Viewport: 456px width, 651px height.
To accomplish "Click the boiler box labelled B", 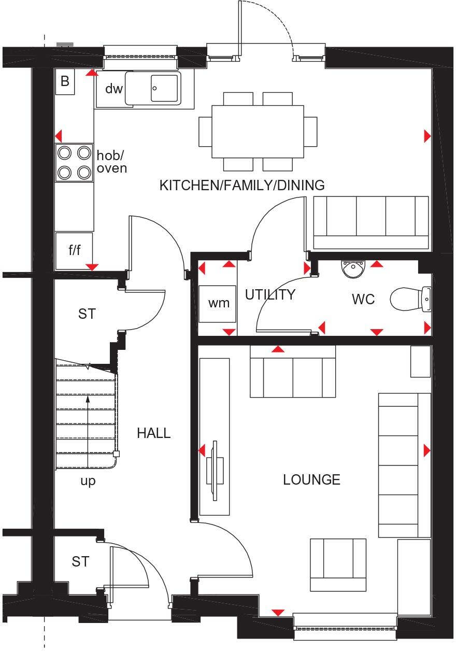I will (x=65, y=81).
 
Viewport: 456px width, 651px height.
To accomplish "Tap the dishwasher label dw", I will (x=113, y=89).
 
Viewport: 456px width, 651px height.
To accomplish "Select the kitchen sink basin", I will (x=165, y=88).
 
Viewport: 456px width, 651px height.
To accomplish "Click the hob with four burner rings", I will (x=74, y=162).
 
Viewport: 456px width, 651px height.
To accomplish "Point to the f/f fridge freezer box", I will (x=74, y=251).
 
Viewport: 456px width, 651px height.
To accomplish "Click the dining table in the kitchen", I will (x=258, y=132).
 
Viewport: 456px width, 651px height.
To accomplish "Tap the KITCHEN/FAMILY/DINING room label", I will (x=242, y=185).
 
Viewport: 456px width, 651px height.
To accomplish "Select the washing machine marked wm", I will (x=218, y=303).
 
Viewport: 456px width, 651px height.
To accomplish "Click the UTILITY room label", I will (x=270, y=295).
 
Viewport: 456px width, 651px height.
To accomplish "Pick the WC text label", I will (x=363, y=300).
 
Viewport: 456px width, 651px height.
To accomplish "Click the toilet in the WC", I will (x=409, y=300).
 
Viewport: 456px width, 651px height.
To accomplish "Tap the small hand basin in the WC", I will (x=353, y=268).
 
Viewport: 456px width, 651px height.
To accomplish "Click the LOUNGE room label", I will (x=311, y=480).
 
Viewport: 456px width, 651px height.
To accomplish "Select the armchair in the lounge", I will (x=338, y=564).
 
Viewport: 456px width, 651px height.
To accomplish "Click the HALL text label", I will (x=154, y=433).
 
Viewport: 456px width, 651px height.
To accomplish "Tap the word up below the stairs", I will (x=88, y=481).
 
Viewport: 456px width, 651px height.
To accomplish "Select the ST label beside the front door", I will (x=80, y=561).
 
